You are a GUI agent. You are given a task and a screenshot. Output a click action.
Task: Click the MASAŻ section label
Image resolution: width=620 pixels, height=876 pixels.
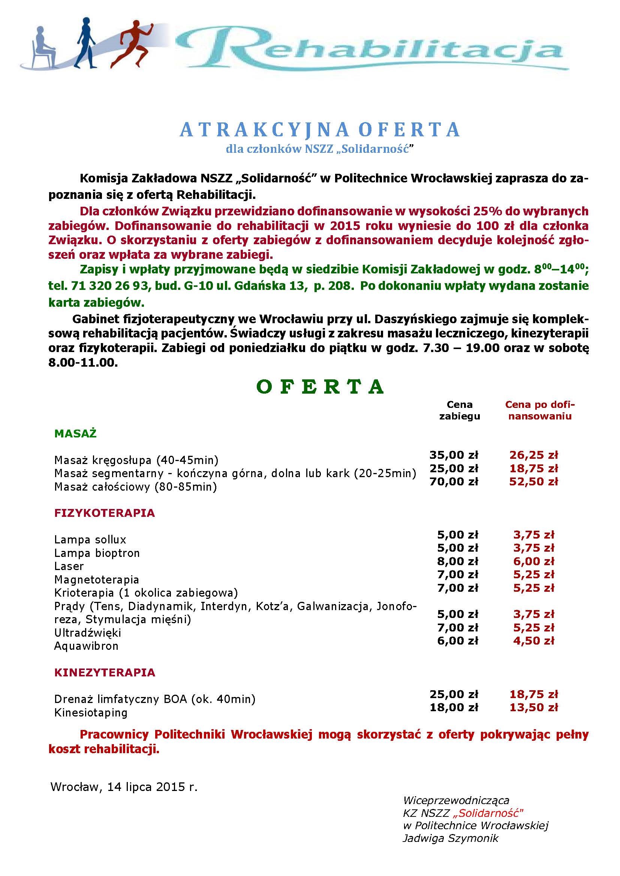point(76,434)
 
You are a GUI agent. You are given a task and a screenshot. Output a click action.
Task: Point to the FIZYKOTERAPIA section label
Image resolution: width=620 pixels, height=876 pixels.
point(105,513)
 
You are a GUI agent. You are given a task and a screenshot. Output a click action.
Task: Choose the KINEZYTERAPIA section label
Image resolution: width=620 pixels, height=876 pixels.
point(105,672)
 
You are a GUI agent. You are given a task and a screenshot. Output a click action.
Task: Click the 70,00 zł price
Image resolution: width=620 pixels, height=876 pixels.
point(454,482)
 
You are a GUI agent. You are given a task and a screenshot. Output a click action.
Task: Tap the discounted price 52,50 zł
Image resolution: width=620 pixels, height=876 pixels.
point(534,482)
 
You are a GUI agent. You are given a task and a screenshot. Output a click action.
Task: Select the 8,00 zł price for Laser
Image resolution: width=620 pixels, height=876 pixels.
point(458,561)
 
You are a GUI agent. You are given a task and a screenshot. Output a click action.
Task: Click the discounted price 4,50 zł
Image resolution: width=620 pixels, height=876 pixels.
point(534,640)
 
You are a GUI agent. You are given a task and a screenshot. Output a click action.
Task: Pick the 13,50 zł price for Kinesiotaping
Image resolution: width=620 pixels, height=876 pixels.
point(534,707)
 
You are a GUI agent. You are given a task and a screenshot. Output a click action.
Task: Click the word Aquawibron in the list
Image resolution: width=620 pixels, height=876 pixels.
point(86,646)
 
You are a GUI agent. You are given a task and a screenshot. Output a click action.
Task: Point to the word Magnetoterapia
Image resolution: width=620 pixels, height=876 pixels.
point(97,579)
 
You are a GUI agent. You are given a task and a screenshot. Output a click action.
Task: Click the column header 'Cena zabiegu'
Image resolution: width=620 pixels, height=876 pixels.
point(459,410)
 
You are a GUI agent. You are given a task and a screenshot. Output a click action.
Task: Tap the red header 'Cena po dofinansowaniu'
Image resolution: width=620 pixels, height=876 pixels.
point(540,410)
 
